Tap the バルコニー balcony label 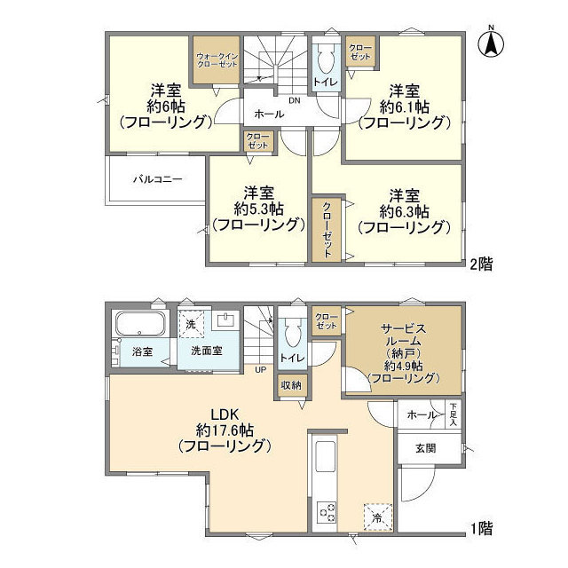158,179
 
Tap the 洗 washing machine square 191,325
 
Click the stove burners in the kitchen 327,512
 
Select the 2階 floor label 481,263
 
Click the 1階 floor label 481,527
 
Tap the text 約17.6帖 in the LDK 223,430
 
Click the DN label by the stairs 294,99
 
